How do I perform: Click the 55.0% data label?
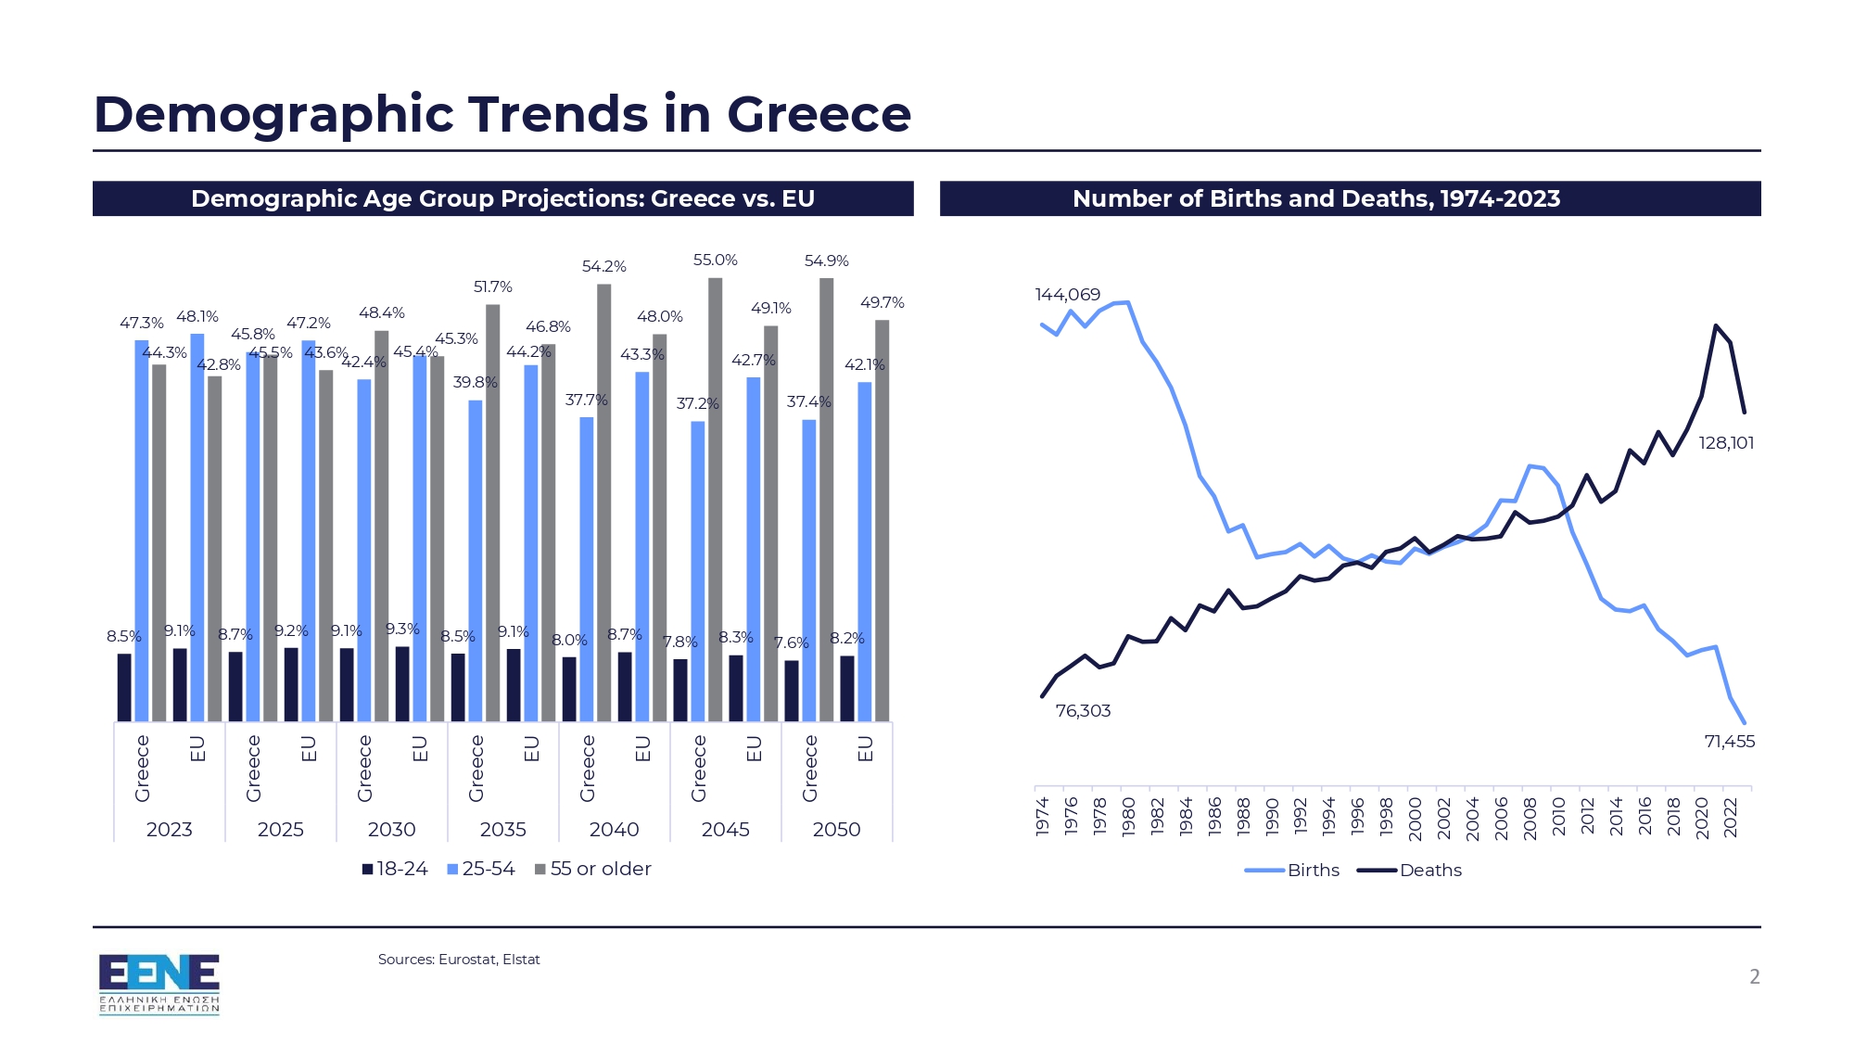715,261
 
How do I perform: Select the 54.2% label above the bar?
603,267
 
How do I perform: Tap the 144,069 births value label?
1067,295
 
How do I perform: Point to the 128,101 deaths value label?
1725,443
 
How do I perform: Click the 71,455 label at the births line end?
1729,742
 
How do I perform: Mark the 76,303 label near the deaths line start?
1082,711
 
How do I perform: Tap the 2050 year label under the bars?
836,830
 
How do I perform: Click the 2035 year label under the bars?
502,830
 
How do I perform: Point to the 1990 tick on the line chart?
1271,817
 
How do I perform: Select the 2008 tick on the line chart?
1530,817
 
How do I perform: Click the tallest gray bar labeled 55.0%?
715,501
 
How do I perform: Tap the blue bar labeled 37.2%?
697,570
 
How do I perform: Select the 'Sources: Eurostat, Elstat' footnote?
458,960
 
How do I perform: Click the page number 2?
1754,976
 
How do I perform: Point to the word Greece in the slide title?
819,114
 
